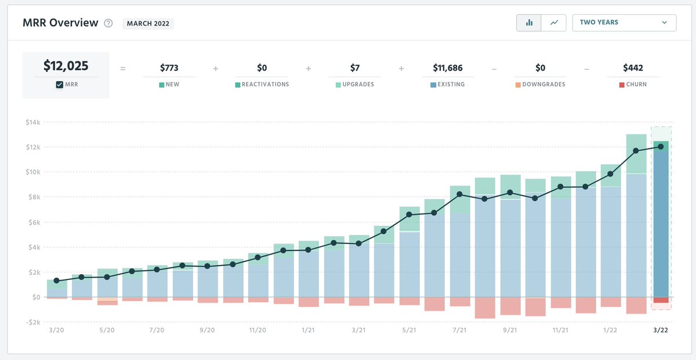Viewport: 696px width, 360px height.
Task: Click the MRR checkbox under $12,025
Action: (60, 85)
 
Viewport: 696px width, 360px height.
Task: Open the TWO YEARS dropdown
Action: (623, 23)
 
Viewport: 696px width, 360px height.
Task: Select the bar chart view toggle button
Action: (529, 23)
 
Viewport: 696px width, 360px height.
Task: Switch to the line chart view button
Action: (554, 23)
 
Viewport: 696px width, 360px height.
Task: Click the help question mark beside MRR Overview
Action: (108, 23)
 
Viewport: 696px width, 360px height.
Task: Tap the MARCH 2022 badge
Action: (148, 23)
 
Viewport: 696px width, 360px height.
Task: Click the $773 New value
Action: (169, 68)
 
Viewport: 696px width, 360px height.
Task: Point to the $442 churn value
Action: (633, 68)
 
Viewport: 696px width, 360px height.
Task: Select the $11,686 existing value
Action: (447, 68)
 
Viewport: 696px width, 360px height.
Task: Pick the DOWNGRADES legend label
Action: (543, 85)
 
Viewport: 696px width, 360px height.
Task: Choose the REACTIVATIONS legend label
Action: (265, 85)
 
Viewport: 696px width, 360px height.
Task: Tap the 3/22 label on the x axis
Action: (661, 330)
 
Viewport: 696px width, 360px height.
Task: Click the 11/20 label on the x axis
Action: (258, 330)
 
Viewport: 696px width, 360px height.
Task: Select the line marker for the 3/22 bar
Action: (661, 147)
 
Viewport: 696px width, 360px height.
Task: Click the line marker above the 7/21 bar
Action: (459, 194)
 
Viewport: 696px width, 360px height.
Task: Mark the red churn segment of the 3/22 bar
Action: (661, 300)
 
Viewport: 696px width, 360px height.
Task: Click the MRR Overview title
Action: (60, 23)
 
